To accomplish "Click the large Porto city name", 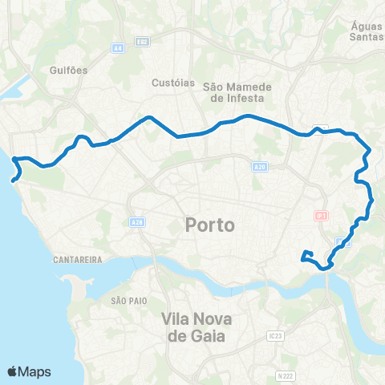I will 210,225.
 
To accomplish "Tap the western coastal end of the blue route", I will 13,180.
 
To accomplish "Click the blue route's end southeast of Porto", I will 302,258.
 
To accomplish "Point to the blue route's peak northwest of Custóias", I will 149,118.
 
